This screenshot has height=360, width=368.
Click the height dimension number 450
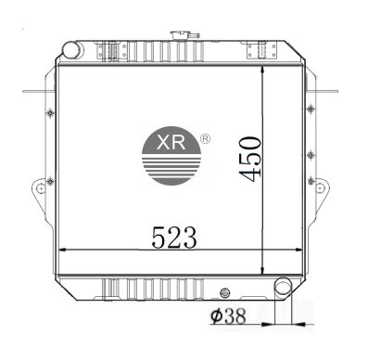(250, 159)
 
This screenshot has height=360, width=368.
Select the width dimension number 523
(174, 238)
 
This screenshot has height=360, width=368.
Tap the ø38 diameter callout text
(228, 316)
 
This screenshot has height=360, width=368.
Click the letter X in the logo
(163, 143)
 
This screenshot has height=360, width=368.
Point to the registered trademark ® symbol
(206, 139)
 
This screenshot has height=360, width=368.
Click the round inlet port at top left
(72, 49)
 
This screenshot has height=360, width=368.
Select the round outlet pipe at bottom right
(283, 286)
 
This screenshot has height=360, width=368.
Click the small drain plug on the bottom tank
(224, 293)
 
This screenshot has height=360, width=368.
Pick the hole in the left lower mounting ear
(41, 187)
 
